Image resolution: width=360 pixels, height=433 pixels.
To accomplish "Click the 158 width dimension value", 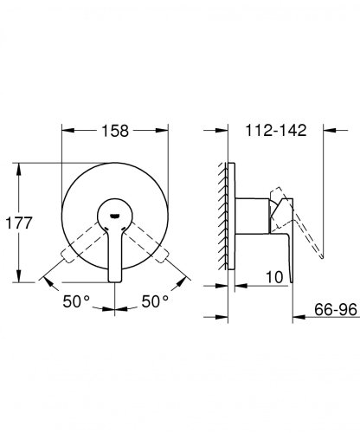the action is click(115, 131).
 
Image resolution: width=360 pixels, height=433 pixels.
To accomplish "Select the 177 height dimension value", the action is click(19, 223).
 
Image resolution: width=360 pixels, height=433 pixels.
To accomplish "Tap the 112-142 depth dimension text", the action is click(276, 130).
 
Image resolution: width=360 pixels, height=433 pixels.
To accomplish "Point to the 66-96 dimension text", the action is click(336, 310).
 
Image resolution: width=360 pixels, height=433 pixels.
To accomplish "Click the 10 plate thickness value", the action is click(274, 277).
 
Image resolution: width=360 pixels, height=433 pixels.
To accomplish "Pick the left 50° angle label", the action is click(76, 301).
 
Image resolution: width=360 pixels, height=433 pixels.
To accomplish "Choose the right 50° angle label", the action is click(155, 301).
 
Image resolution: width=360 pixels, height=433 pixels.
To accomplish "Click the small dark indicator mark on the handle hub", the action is click(115, 216).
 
